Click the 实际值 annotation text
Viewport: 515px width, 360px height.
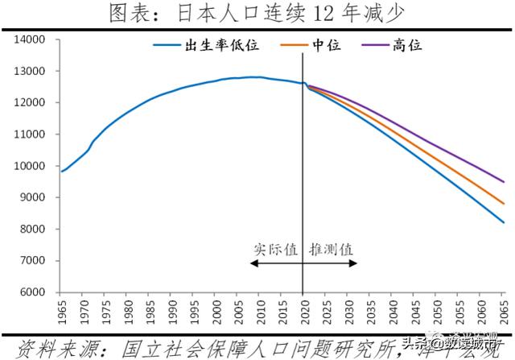pos(275,249)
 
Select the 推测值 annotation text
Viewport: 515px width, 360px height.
pos(330,249)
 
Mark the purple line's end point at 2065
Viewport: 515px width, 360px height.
pos(505,182)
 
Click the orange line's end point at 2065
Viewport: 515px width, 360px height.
pos(505,204)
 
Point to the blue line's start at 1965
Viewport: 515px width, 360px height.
pos(62,171)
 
